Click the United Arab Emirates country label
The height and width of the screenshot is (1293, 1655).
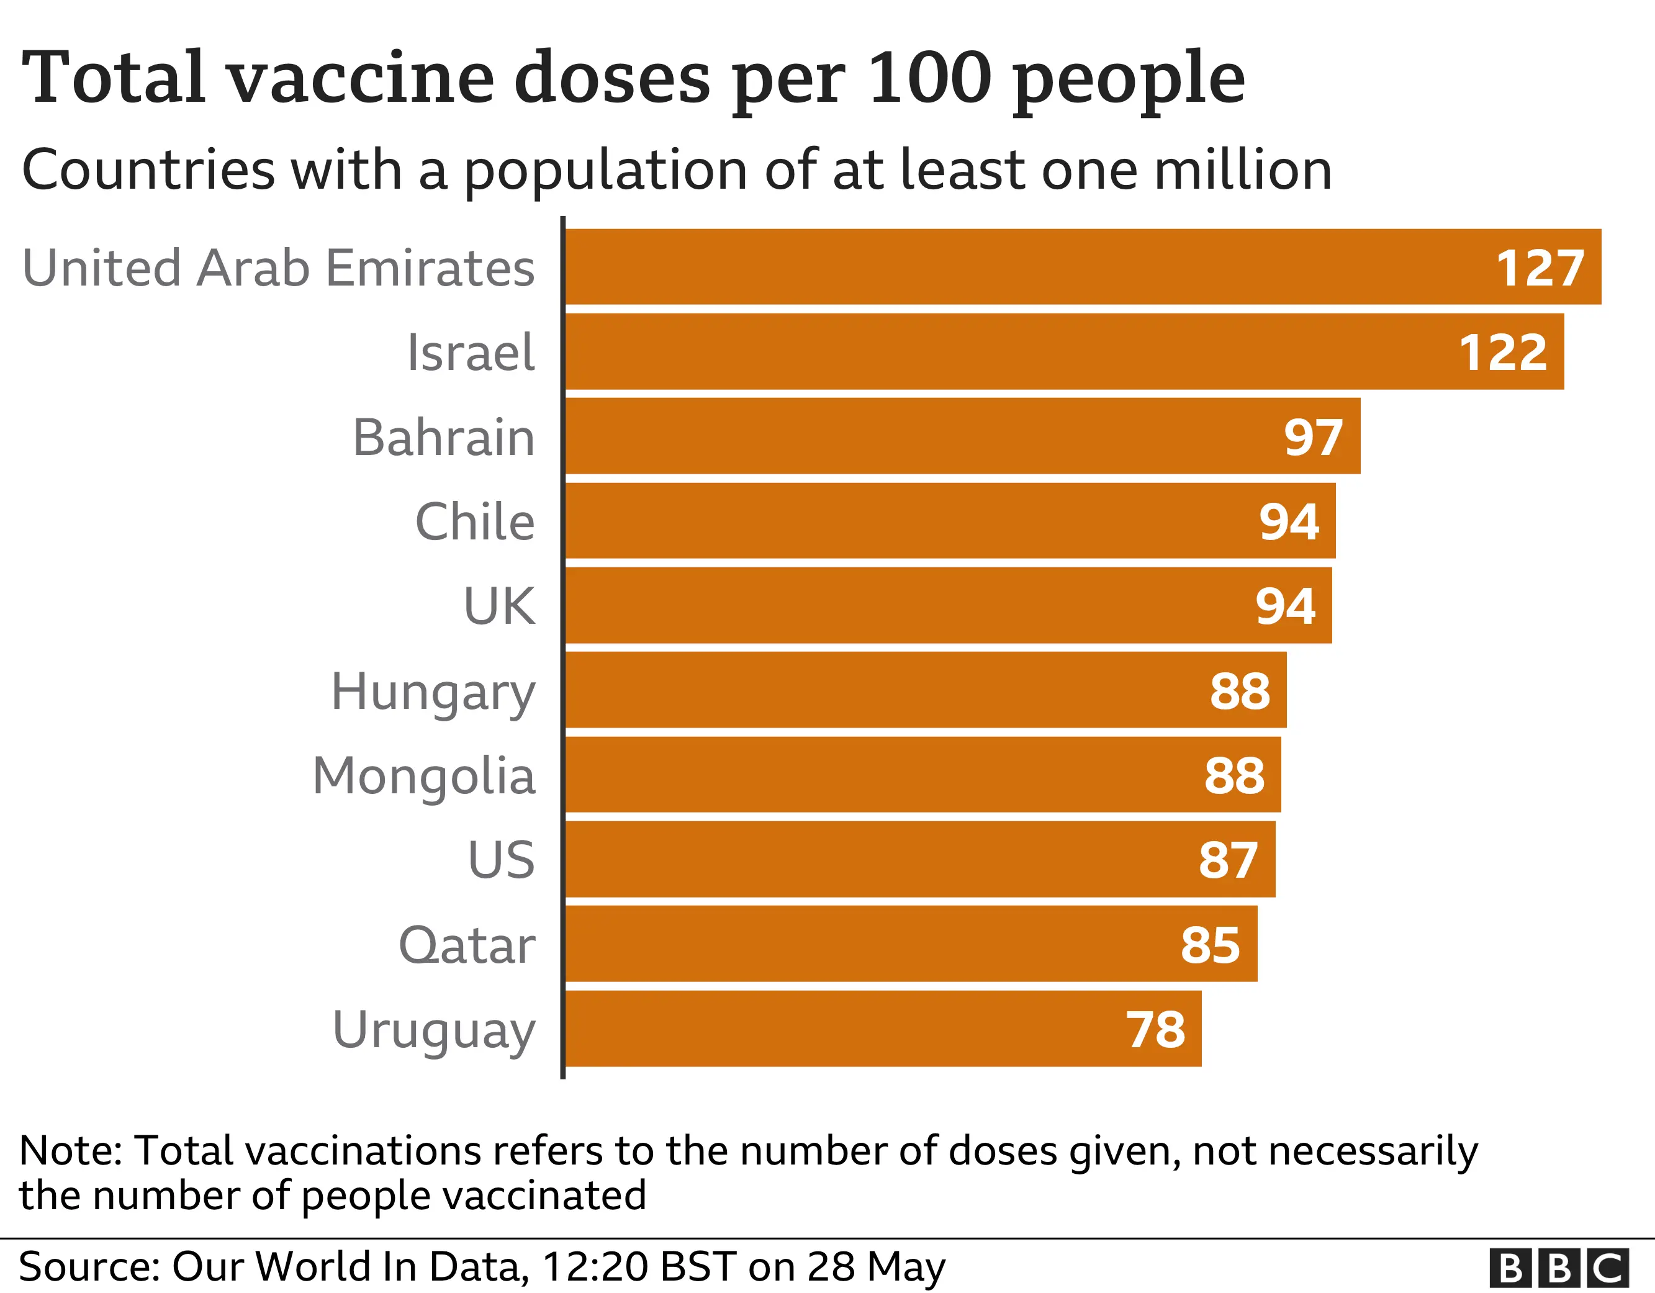click(278, 268)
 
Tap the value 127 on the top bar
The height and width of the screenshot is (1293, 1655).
click(1539, 268)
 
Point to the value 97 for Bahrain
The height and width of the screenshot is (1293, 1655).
click(1312, 438)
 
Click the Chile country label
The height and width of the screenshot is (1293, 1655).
click(474, 522)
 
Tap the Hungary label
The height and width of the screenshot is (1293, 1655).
click(433, 692)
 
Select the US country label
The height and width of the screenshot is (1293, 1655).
click(501, 860)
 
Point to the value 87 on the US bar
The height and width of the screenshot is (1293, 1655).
click(1228, 860)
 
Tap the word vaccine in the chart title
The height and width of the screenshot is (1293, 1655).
click(361, 78)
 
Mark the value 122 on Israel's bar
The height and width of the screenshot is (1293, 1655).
click(1503, 353)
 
